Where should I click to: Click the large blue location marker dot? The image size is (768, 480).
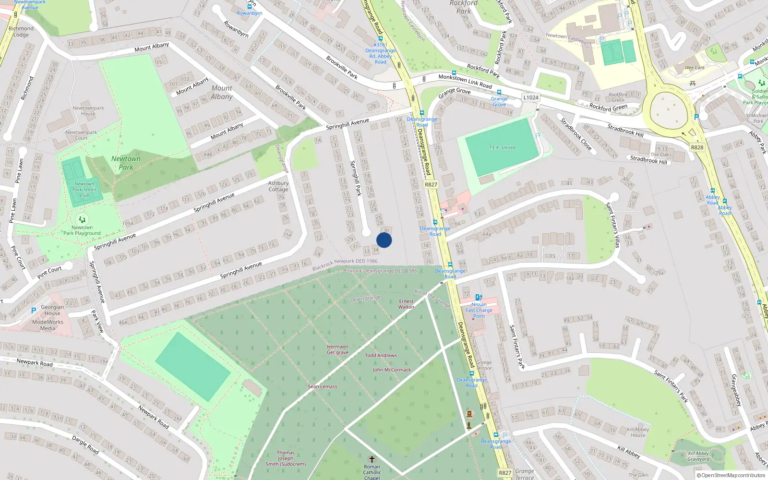point(384,240)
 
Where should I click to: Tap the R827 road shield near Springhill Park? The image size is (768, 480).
point(431,184)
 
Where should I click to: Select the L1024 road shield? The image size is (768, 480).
point(530,97)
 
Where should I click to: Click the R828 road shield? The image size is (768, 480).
point(697,147)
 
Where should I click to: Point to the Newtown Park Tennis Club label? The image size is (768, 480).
point(84,190)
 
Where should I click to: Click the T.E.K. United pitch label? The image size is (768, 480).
point(502,148)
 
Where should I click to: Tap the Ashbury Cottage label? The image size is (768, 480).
point(278,186)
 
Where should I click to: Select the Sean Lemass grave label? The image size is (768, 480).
point(323,386)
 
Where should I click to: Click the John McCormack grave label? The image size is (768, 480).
point(392,370)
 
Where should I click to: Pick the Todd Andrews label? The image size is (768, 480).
point(381,356)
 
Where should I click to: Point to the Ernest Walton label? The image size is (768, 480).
point(406,304)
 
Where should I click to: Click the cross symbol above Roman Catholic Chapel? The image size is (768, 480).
point(372,460)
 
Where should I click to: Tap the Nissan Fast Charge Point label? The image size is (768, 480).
point(479,310)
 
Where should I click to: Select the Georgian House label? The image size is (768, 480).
point(52,310)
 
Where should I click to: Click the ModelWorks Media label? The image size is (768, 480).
point(48,325)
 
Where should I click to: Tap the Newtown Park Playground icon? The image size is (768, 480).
point(82,219)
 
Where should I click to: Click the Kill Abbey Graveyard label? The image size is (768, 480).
point(698,456)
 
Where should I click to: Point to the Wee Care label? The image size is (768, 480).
point(695,68)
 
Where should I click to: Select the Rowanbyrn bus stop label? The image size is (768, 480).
point(250,13)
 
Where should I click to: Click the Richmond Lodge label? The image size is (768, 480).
point(21,32)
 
